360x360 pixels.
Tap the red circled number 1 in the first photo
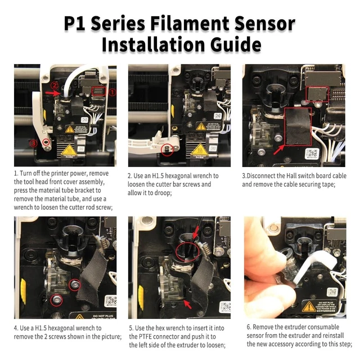pos(112,92)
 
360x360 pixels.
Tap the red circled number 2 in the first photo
pos(55,85)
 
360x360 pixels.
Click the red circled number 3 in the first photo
pos(34,143)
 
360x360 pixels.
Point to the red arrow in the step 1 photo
pos(52,93)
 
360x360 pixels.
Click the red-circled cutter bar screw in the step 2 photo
pos(167,150)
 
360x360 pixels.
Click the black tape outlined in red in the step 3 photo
pos(298,127)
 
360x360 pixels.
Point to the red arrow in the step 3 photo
pos(279,150)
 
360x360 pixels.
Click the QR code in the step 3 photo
pos(312,154)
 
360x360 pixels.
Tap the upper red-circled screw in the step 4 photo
pos(75,285)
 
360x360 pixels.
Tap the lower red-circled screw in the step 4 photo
pos(56,300)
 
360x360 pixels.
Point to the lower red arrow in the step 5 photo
pos(188,305)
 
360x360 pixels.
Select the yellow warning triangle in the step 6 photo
pos(308,307)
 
